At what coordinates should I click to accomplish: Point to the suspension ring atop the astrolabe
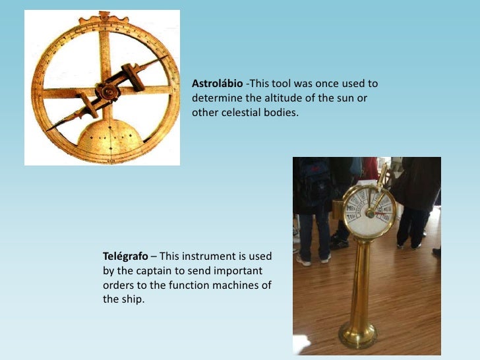(x=104, y=15)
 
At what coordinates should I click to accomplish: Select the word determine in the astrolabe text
(x=214, y=98)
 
